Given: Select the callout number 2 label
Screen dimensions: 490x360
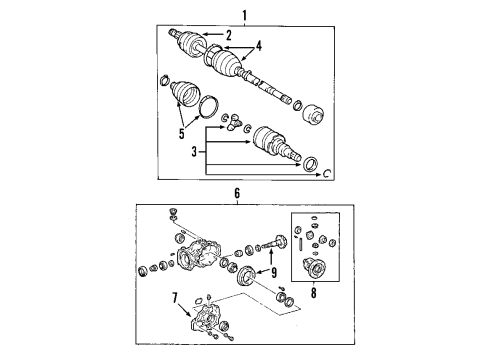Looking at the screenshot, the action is click(229, 37).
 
